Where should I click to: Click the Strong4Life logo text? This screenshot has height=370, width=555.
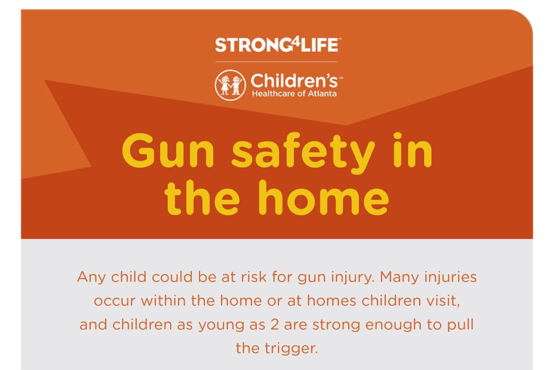(277, 45)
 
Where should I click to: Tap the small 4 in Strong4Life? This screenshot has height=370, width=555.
(295, 43)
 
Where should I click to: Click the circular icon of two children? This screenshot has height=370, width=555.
(230, 85)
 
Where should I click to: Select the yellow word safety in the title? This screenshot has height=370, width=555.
(303, 154)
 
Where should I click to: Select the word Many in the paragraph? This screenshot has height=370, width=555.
(399, 277)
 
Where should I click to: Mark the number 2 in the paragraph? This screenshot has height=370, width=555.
(274, 325)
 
